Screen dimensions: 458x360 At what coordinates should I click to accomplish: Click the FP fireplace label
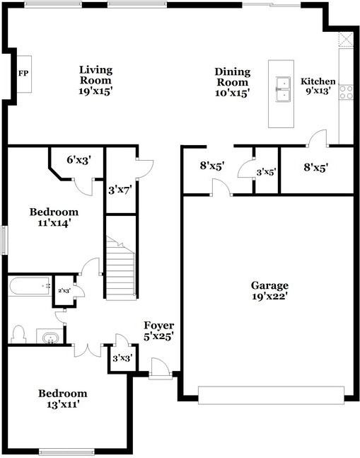coord(23,73)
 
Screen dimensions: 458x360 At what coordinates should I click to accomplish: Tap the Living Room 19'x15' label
coord(96,80)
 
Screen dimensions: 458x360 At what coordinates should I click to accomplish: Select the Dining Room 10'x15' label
coord(233,82)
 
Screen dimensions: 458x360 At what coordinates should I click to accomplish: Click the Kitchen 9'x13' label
coord(318,86)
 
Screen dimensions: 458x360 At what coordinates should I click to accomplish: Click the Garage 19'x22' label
coord(269,291)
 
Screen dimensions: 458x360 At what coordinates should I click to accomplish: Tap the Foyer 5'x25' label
coord(158,331)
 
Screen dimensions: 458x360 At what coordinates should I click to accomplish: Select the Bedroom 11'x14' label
coord(54,217)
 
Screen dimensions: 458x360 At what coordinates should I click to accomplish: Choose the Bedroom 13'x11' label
coord(63,399)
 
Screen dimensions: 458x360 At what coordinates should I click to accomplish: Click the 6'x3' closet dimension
coord(79,160)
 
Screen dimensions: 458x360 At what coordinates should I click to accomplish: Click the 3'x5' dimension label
coord(266,172)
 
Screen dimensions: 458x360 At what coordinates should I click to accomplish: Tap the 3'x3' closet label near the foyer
coord(118,359)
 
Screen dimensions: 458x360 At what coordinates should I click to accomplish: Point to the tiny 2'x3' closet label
coord(64,290)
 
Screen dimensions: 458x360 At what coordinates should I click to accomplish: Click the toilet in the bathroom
coord(19,333)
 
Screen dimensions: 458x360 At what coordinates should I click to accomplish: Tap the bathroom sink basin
coord(50,338)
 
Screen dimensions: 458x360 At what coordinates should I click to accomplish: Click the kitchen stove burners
coord(346,91)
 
